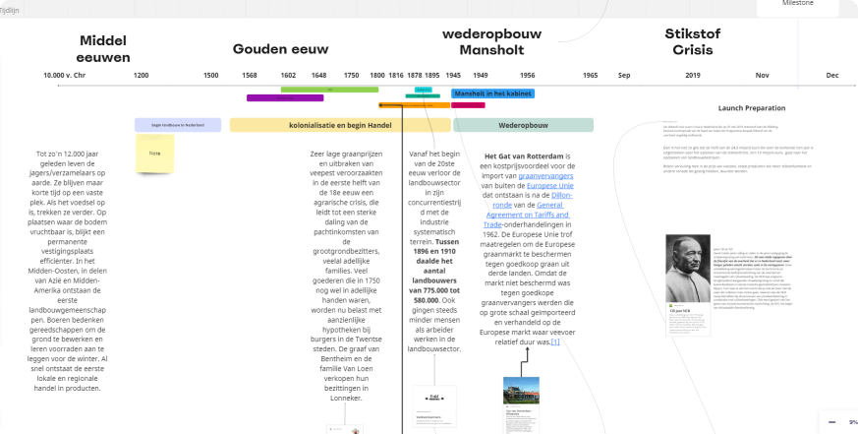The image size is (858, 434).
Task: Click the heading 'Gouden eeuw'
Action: [x=280, y=49]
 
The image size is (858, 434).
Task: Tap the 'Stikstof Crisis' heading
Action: [x=692, y=41]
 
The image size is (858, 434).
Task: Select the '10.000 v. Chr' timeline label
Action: [x=65, y=75]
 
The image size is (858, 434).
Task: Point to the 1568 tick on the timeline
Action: [x=250, y=75]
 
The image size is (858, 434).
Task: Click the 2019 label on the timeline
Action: [x=693, y=75]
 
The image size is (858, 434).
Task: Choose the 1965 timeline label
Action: [x=590, y=75]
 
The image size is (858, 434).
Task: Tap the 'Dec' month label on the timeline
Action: [x=832, y=75]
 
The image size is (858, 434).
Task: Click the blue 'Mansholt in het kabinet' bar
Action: [x=493, y=93]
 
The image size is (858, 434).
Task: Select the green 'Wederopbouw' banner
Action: [x=523, y=126]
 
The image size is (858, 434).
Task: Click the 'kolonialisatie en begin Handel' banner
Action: [x=340, y=126]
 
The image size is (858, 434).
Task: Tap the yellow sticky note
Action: [x=154, y=154]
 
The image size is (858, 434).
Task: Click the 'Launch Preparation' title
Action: [x=751, y=108]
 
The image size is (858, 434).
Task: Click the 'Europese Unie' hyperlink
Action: [x=550, y=186]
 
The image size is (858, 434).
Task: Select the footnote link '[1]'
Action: [x=555, y=341]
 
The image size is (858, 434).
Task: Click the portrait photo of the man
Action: [x=687, y=268]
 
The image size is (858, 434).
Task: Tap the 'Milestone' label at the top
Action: [x=797, y=4]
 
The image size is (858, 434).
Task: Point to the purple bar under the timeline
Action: [x=285, y=98]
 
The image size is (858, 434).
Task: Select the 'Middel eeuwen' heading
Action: [x=104, y=49]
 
